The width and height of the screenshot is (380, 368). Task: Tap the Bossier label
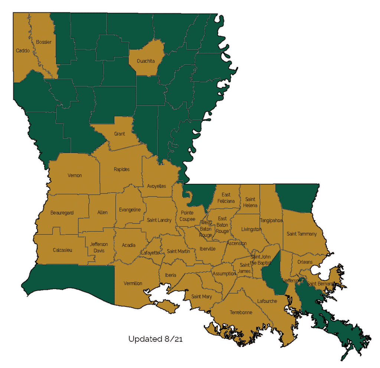tap(44, 42)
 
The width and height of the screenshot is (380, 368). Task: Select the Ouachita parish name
tap(145, 61)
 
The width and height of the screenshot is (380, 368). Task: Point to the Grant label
tap(119, 134)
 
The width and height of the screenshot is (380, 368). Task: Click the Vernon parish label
tap(75, 175)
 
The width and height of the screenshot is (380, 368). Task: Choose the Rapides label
tap(122, 169)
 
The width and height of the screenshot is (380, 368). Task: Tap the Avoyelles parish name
tap(157, 186)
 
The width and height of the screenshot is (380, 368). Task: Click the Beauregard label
tap(62, 213)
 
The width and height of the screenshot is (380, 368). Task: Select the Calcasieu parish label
tap(62, 250)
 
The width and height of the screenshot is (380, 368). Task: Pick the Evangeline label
tap(130, 210)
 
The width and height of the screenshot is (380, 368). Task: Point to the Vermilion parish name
tap(133, 284)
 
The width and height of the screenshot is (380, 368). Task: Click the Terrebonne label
tap(241, 312)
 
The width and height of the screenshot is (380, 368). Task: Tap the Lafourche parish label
tap(267, 301)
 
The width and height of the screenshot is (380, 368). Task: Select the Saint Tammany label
tap(302, 234)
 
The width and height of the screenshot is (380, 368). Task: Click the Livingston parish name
tap(251, 229)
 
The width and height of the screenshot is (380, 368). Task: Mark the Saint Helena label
tap(250, 202)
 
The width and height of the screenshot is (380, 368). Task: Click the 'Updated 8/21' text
tap(155, 339)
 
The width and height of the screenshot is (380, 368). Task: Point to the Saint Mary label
tap(202, 296)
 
